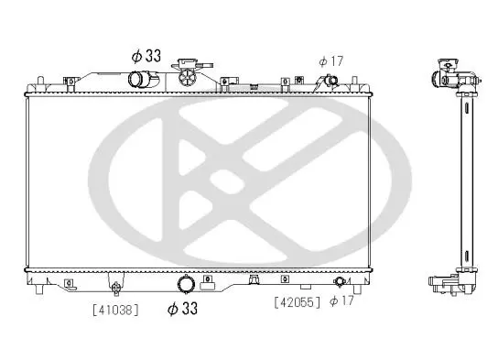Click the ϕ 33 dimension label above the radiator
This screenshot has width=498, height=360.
pyautogui.click(x=146, y=56)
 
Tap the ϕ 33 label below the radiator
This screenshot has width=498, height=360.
pyautogui.click(x=182, y=308)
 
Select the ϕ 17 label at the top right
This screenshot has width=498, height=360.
pyautogui.click(x=331, y=61)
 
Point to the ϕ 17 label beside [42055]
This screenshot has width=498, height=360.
pyautogui.click(x=341, y=300)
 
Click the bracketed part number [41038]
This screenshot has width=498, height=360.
pyautogui.click(x=116, y=310)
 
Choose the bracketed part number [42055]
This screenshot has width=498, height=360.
pyautogui.click(x=298, y=302)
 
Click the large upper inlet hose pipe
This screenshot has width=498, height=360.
pyautogui.click(x=143, y=79)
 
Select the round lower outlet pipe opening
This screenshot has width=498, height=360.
pyautogui.click(x=186, y=283)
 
